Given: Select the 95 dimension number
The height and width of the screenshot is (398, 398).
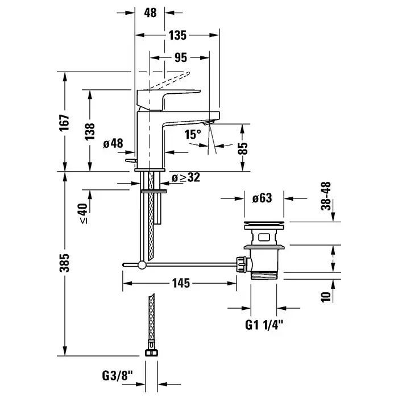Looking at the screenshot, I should click(180, 58).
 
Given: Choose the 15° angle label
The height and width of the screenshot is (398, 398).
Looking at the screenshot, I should click(193, 134).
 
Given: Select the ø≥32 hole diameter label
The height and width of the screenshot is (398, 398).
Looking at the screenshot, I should click(186, 178).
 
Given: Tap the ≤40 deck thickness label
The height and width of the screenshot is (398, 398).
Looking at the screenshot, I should click(84, 213).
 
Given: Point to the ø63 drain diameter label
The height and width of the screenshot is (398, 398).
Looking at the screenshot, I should click(260, 198).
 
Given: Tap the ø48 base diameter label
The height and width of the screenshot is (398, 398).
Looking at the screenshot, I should click(113, 144).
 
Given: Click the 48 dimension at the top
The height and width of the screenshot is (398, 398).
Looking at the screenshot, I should click(150, 12).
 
